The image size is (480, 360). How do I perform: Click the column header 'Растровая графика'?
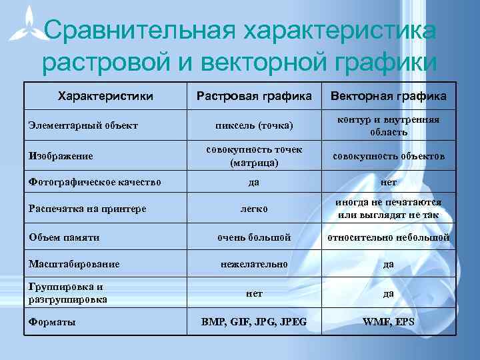pos(254,97)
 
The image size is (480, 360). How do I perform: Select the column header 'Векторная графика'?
pos(389,97)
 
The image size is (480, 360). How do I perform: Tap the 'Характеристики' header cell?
pos(105,97)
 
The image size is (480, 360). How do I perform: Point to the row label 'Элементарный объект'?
pos(83,125)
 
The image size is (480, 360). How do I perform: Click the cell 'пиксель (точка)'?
pos(254,125)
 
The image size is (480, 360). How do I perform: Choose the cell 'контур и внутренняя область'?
pos(389,125)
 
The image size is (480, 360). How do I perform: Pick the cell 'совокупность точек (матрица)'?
pos(254,156)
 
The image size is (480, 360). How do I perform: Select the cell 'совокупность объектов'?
pos(389,156)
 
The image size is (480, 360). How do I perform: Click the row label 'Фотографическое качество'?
pos(94,181)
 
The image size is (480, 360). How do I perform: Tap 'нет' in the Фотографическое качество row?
pos(389,181)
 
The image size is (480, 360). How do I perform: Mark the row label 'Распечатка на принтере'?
pos(87,209)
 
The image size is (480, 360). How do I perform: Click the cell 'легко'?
pos(254,209)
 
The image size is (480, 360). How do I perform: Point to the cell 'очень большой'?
pos(254,237)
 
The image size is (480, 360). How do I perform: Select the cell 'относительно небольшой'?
pos(389,237)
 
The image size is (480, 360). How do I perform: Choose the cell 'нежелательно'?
pos(254,264)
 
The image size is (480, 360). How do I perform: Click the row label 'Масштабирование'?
pos(74,264)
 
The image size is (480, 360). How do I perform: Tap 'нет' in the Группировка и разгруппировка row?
pos(254,293)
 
